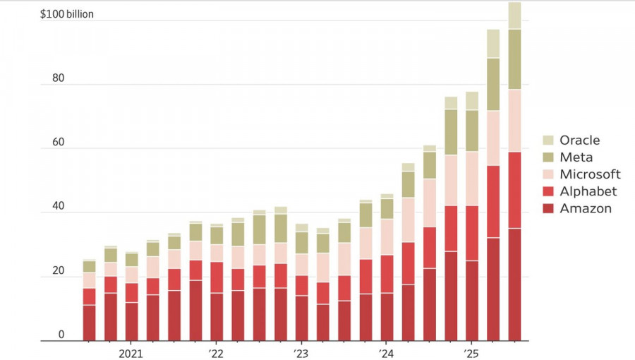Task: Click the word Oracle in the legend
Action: click(x=579, y=140)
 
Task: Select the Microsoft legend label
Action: click(x=590, y=174)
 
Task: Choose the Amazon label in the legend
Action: click(x=586, y=208)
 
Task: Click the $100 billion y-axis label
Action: click(x=67, y=14)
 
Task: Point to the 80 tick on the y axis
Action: click(x=58, y=78)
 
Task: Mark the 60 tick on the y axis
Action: click(x=58, y=143)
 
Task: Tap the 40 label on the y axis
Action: click(x=58, y=207)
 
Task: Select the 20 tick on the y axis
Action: click(x=58, y=271)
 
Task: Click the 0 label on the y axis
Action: click(x=61, y=335)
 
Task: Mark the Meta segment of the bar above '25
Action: click(x=472, y=131)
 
